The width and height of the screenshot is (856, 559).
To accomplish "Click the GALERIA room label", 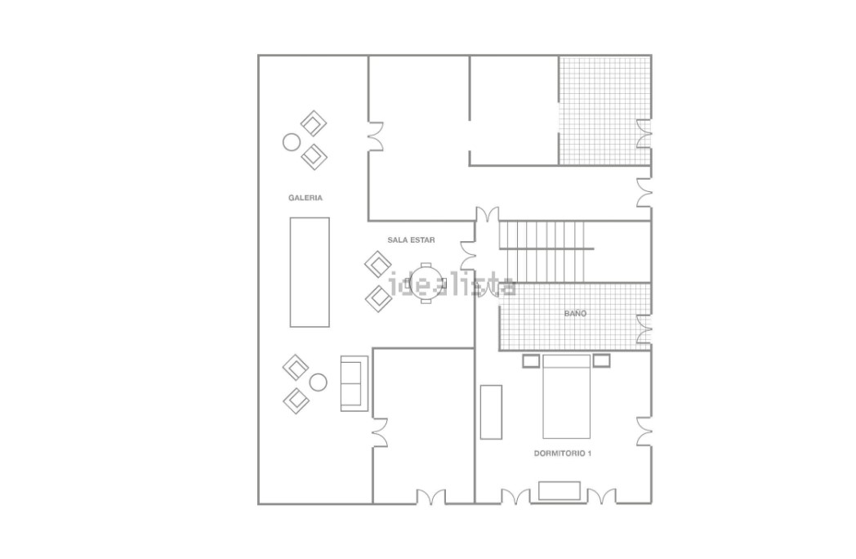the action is tap(305, 198).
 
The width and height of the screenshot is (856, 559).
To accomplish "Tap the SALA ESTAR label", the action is tap(411, 240).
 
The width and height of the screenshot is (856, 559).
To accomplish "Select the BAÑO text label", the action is tap(575, 313).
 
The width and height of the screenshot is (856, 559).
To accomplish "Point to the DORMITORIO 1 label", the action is tap(563, 454).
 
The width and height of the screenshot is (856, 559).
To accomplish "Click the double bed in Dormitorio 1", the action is tap(566, 396).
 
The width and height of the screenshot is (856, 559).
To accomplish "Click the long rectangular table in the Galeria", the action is tap(310, 272).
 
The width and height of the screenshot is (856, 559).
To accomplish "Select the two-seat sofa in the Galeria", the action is tap(354, 383).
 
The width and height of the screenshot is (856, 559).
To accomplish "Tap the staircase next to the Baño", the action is tap(546, 252).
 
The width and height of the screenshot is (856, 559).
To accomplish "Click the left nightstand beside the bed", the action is tap(531, 360).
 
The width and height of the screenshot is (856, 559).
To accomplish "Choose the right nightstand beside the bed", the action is tap(602, 360).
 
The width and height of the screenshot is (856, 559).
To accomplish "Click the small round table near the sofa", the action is tap(319, 382).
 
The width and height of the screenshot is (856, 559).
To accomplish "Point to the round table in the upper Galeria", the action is tap(292, 142).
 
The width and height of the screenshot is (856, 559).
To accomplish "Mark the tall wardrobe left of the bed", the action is tap(491, 412).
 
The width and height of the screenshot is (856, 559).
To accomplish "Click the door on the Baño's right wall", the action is tap(644, 329).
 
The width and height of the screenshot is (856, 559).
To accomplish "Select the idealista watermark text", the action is tap(452, 285).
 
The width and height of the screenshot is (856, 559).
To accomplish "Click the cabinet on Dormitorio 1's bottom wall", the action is tap(560, 490).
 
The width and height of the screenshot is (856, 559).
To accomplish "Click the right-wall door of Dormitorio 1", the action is tap(644, 432).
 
